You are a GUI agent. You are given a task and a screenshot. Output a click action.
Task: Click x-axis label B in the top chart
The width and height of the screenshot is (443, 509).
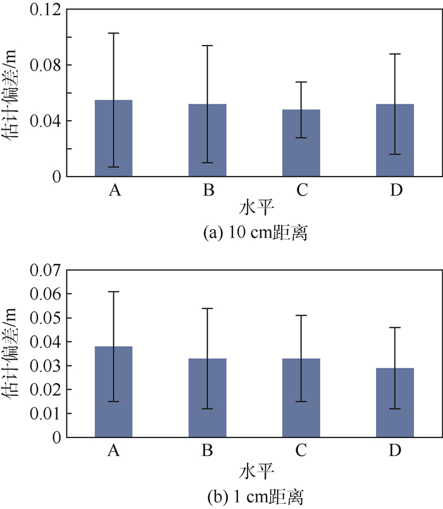208,190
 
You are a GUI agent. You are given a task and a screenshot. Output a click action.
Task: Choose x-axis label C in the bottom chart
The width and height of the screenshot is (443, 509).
301,451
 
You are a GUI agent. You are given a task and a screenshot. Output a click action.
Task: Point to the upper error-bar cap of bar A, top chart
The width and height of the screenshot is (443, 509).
114,33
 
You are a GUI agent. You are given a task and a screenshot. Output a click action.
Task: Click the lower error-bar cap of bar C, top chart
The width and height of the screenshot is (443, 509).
301,137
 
